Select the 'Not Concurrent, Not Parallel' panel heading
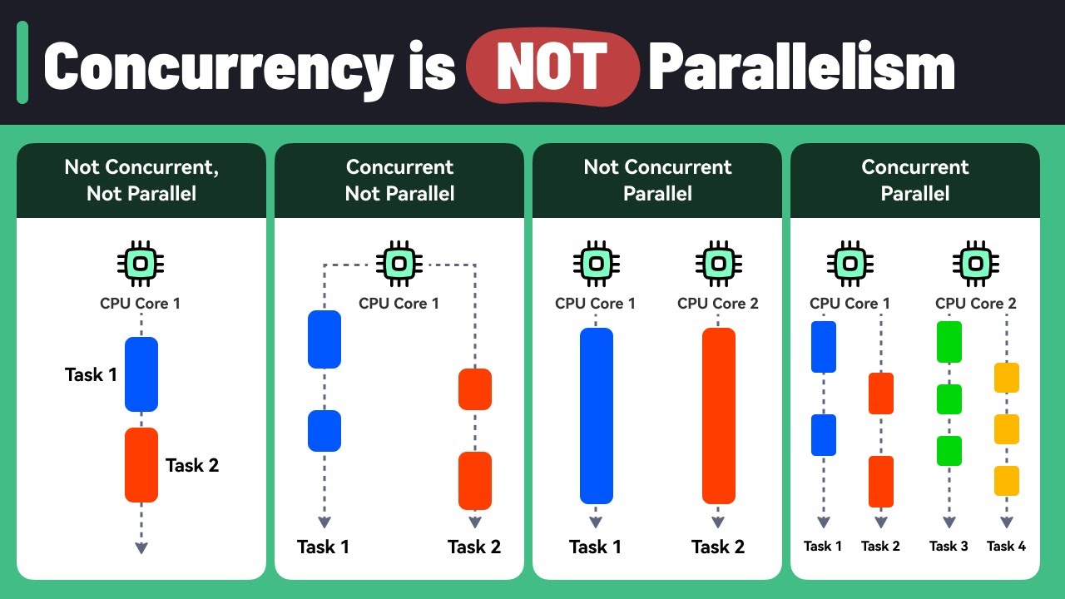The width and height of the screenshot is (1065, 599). point(141,181)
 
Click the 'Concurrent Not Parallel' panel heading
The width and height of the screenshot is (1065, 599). point(399,181)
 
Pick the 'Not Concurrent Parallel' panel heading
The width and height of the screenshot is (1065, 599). point(657,181)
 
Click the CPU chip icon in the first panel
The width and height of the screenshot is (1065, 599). point(141,264)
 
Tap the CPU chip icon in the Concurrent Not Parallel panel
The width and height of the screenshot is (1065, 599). point(399,264)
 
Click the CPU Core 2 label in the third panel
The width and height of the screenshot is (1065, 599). point(718,304)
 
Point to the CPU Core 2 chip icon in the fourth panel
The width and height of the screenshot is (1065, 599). point(975,264)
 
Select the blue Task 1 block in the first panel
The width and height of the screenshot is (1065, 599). point(141,374)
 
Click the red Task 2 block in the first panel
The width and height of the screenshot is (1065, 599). point(141,464)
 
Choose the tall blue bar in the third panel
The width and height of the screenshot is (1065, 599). point(596,416)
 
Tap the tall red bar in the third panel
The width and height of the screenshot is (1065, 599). point(718,416)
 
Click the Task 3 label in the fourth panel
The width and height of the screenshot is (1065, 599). point(949,547)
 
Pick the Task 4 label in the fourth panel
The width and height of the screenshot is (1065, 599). point(1006,547)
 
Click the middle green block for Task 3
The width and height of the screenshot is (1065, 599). point(949,399)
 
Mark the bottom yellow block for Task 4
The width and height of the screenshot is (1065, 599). point(1006,481)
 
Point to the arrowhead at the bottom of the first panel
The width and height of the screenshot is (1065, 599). point(141,547)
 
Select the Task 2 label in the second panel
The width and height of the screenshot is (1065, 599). point(474,547)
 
